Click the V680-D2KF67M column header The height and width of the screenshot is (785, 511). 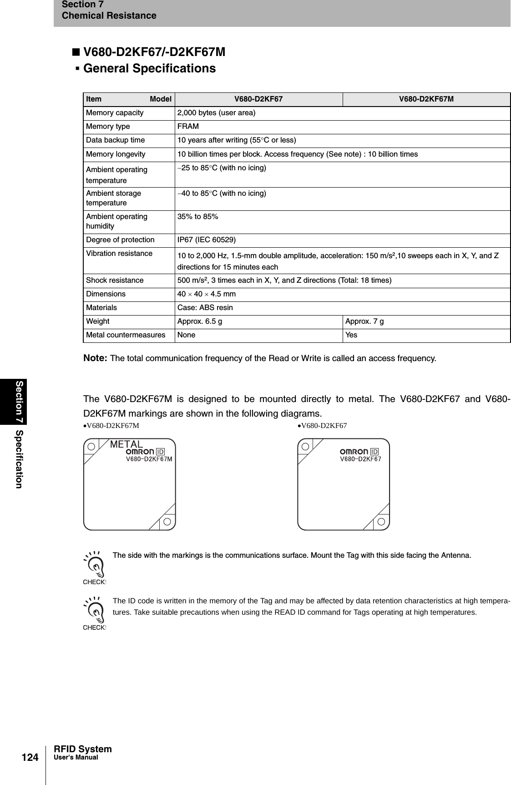coord(426,99)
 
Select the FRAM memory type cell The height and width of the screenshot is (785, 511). coord(188,127)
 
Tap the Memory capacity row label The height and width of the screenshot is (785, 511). coord(115,113)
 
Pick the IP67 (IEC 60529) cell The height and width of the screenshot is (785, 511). coord(207,240)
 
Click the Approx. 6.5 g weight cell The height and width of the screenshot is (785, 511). coord(200,321)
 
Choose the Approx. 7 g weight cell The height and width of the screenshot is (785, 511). coord(364,321)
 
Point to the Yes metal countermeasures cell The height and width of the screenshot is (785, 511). coord(351,335)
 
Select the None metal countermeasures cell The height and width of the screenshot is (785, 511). coord(186,335)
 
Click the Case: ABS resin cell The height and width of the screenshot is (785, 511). coord(205,308)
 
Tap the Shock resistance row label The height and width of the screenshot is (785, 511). coord(115,280)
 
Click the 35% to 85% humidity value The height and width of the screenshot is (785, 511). coord(197,217)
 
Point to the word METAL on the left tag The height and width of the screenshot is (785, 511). coord(126,444)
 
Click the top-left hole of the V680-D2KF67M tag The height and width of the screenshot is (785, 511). coord(91,446)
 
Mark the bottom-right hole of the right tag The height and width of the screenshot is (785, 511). coord(381,521)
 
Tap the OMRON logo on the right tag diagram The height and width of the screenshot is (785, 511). coord(354,451)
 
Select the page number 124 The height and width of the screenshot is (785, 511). coord(30,757)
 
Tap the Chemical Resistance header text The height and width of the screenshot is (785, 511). coord(109,16)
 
